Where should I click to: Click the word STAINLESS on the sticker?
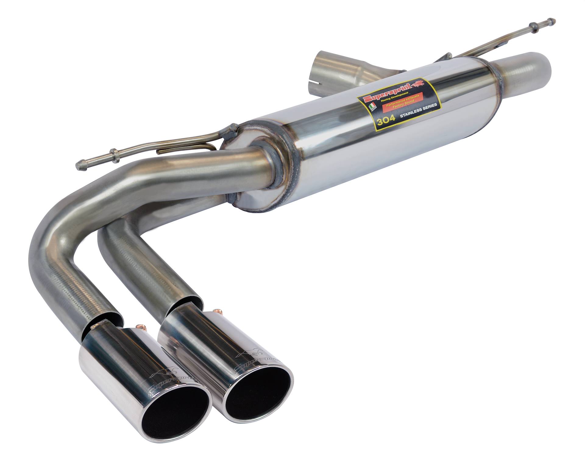pos(411,110)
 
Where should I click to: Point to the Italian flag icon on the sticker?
pos(372,107)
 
